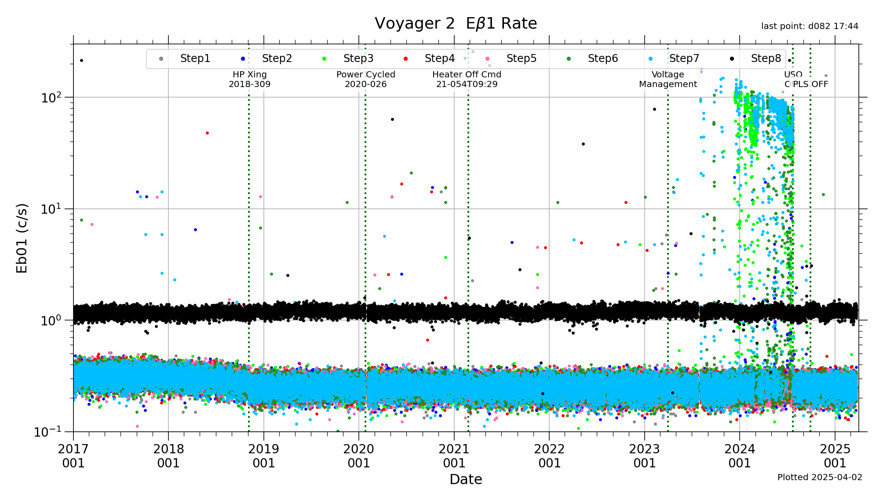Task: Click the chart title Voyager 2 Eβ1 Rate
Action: click(456, 23)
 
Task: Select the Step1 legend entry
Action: click(195, 58)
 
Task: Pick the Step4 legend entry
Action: click(439, 58)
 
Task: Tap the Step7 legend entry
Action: click(684, 58)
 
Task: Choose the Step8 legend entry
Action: click(766, 58)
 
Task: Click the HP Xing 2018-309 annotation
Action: click(249, 79)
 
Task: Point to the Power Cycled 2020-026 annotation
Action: click(365, 79)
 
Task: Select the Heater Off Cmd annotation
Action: click(467, 79)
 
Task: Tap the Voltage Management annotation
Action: click(668, 79)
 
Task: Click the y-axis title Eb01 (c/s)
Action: click(22, 238)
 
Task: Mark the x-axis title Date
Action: click(466, 479)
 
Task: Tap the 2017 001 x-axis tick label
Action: click(73, 456)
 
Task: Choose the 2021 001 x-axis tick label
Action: click(454, 456)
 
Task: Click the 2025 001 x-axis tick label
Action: click(835, 456)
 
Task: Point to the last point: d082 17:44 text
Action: click(810, 26)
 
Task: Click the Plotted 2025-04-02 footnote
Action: click(820, 477)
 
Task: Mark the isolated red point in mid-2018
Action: click(207, 133)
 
